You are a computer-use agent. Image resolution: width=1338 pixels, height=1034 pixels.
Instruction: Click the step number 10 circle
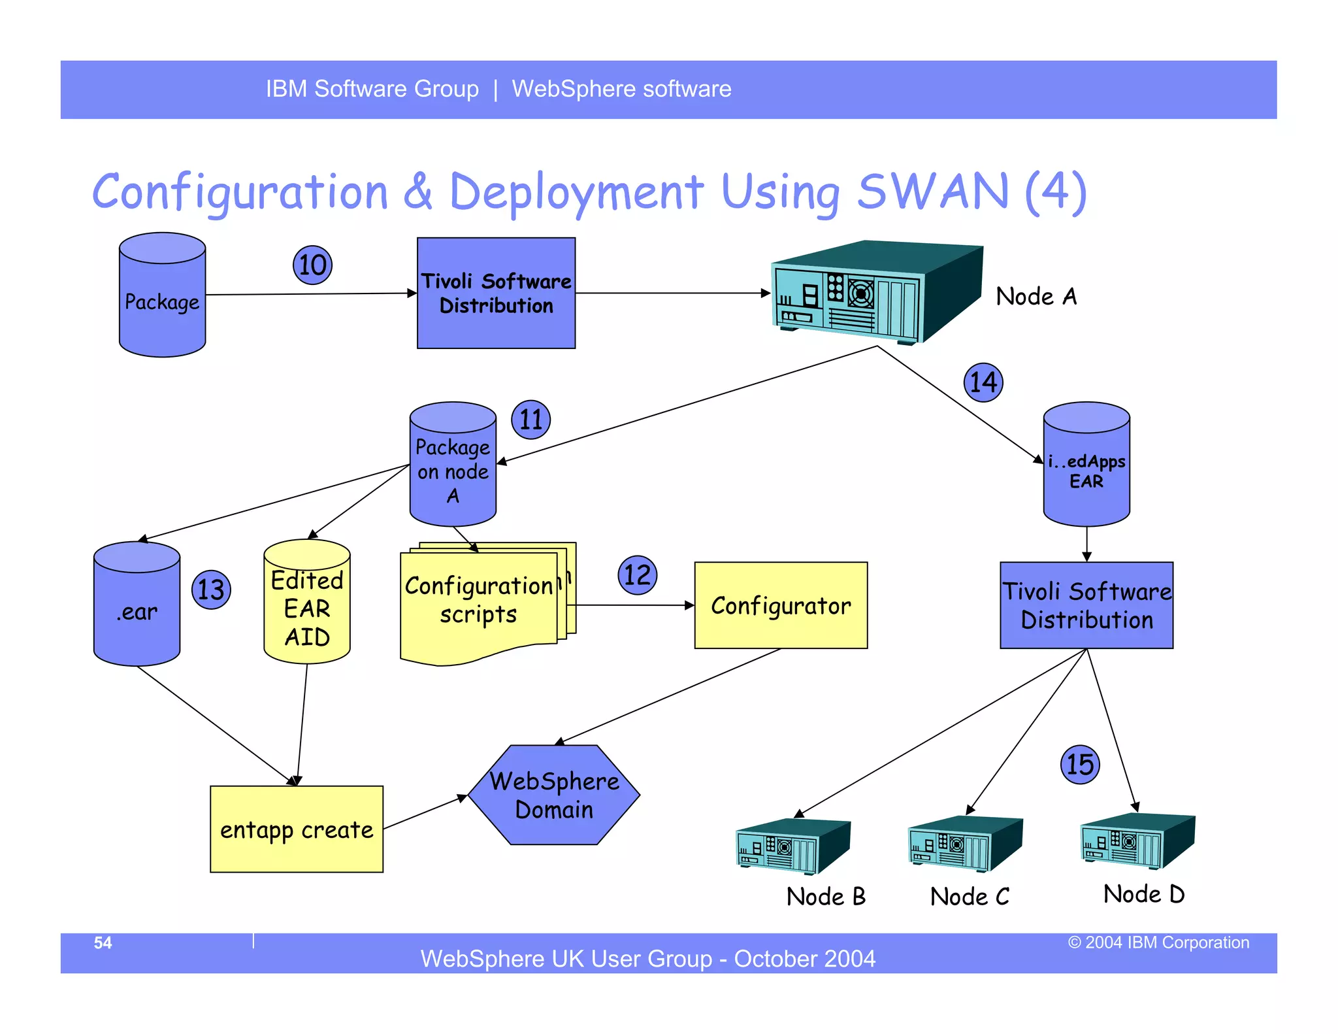[312, 265]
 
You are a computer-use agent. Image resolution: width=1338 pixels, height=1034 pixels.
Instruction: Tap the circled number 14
[983, 382]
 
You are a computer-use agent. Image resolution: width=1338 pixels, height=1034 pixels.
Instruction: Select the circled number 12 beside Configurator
[637, 575]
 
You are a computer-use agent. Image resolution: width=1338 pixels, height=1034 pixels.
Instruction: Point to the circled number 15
[1080, 764]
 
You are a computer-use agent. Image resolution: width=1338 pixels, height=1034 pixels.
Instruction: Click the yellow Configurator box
[781, 605]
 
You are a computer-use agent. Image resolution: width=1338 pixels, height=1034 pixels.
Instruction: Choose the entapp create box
[297, 829]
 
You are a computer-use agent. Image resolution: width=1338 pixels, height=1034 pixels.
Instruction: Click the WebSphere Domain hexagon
[554, 795]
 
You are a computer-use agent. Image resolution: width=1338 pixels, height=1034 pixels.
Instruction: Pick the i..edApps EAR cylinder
[1086, 469]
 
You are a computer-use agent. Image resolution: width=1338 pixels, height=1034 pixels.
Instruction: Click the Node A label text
[1036, 297]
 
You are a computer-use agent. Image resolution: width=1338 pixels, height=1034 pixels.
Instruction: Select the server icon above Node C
[964, 844]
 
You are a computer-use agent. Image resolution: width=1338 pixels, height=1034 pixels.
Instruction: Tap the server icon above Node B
[792, 846]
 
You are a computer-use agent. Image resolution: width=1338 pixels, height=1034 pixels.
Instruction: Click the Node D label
[1143, 893]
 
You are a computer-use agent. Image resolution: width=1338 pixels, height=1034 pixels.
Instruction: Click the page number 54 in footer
[103, 942]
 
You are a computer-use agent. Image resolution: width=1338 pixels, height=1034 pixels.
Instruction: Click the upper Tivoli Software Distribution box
[496, 293]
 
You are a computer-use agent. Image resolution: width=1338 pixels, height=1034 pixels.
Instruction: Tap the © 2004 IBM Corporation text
[1158, 942]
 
